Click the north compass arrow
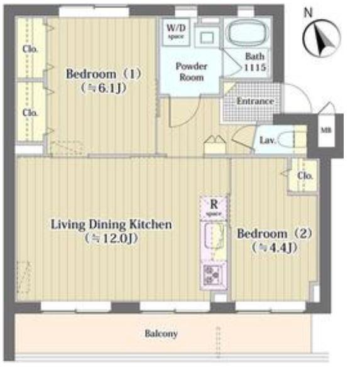click(322, 40)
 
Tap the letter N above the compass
click(308, 13)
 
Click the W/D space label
click(176, 31)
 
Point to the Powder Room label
click(192, 72)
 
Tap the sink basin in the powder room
click(207, 38)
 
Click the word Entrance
click(255, 101)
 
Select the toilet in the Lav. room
click(286, 140)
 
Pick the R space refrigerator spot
click(214, 207)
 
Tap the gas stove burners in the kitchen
click(212, 275)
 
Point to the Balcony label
click(161, 334)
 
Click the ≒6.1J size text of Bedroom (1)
click(103, 88)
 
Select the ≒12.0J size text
click(112, 238)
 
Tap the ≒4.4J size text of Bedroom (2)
click(275, 248)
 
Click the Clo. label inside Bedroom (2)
click(305, 175)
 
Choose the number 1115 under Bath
click(255, 67)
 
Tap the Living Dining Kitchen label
click(111, 224)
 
